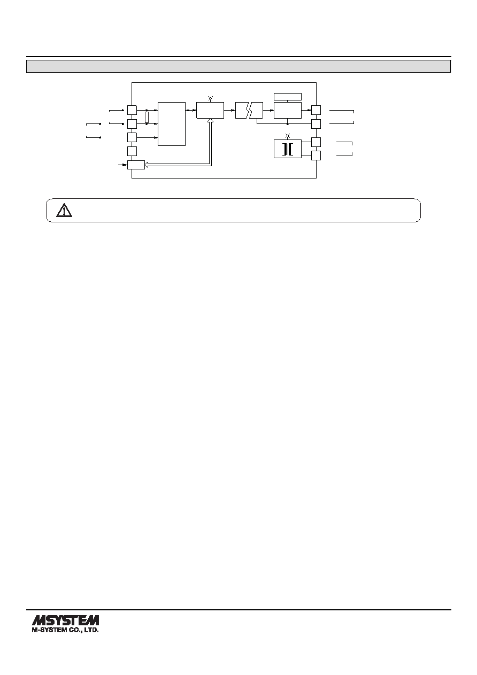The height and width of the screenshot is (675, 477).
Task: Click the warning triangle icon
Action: [x=64, y=211]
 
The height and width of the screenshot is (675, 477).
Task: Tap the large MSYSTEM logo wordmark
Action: [x=65, y=620]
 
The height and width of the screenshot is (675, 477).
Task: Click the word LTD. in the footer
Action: [x=91, y=630]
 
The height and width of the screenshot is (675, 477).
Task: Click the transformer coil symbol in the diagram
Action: [x=288, y=149]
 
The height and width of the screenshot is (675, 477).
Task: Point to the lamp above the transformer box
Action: [x=288, y=136]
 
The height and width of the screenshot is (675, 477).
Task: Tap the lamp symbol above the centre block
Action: [x=211, y=98]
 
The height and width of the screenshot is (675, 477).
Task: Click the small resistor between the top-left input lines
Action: [x=147, y=117]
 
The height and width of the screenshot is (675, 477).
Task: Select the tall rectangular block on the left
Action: [x=172, y=124]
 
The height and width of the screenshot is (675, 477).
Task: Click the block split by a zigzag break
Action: [x=249, y=110]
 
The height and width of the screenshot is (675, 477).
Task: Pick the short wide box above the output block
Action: [x=288, y=97]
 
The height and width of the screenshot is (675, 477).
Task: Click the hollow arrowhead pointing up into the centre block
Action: [x=211, y=121]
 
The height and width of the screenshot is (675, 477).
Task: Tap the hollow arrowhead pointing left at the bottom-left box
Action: [x=147, y=165]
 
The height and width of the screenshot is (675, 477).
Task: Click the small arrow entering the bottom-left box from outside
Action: [x=122, y=165]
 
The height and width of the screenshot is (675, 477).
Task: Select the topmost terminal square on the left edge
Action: [x=132, y=110]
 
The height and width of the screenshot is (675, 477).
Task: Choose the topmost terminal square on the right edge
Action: [x=316, y=110]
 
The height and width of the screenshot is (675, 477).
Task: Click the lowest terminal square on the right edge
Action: [x=316, y=156]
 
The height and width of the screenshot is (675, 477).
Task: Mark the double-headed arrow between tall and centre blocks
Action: [x=191, y=110]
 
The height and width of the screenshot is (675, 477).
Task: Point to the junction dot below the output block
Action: [x=288, y=124]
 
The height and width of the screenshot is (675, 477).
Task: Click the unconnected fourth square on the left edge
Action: [x=132, y=151]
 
